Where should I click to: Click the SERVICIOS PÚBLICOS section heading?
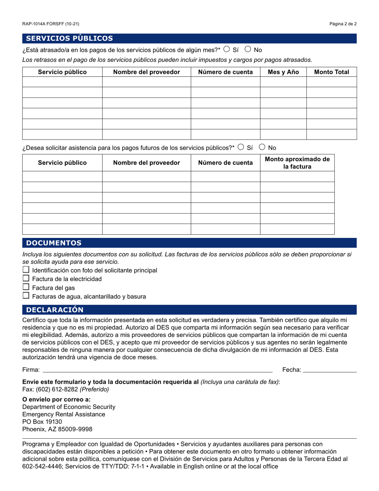tap(69, 38)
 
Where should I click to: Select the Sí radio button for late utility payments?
tap(227, 49)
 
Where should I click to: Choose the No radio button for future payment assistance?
tap(262, 147)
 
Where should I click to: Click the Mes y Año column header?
tap(283, 72)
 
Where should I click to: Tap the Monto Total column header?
tap(331, 72)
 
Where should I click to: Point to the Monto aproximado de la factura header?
tap(297, 163)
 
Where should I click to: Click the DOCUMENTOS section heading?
tap(53, 243)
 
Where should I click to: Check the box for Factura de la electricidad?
tap(26, 278)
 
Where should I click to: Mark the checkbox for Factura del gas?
tap(26, 287)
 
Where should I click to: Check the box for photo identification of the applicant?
tap(26, 269)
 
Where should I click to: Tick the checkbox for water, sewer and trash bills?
tap(26, 296)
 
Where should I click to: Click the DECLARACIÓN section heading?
tap(55, 310)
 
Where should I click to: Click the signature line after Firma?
tap(158, 370)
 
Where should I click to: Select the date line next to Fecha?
tap(330, 370)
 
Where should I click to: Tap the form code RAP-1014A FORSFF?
tap(51, 24)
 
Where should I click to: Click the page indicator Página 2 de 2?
tap(343, 24)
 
